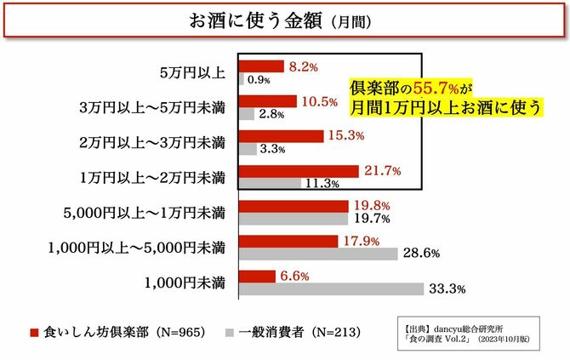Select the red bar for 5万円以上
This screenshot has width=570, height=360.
point(262,66)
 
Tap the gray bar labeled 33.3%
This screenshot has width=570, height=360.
point(333,289)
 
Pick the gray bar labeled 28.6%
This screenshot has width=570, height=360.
point(320,253)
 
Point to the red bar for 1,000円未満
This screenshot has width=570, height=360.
point(259,276)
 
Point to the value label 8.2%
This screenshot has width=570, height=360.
point(304,66)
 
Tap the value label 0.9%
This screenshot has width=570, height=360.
point(259,80)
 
